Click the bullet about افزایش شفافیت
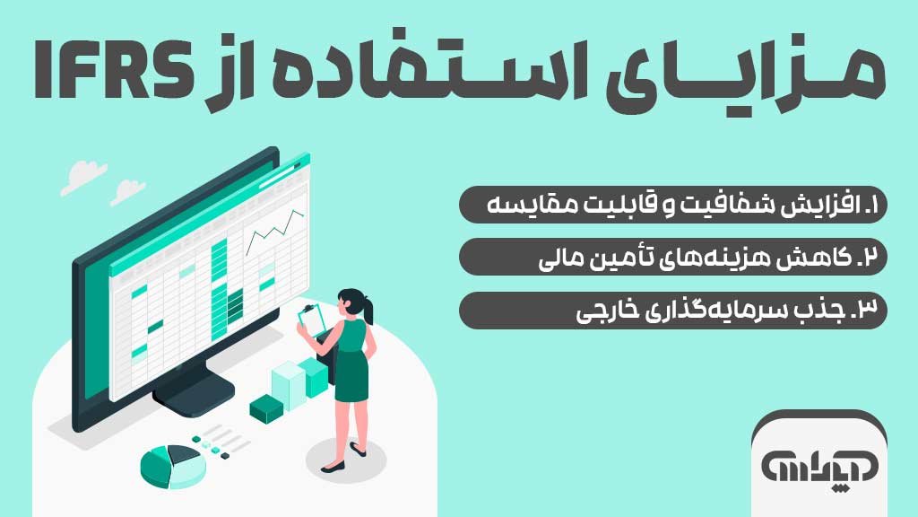672,205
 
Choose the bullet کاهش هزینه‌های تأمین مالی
672,257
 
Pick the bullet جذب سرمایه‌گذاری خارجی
672,310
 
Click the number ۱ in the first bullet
875,206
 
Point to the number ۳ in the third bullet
871,311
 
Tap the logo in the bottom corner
819,466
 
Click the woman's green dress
351,364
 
